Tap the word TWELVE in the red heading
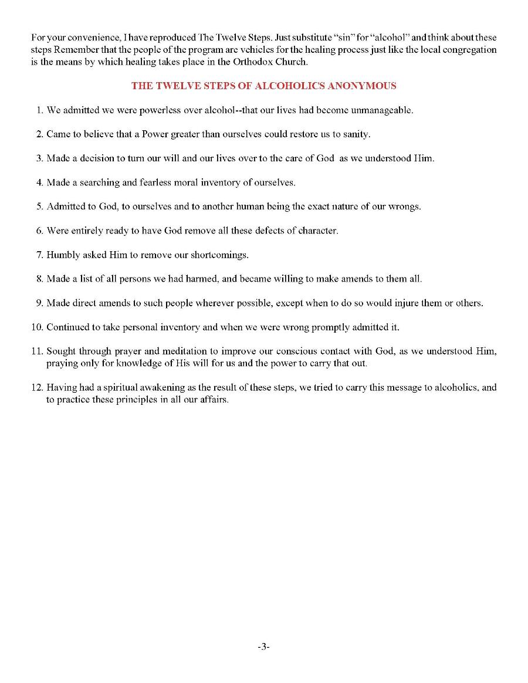pyautogui.click(x=175, y=86)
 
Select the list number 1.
pyautogui.click(x=40, y=110)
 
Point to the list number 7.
pyautogui.click(x=40, y=255)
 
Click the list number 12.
pyautogui.click(x=37, y=387)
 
